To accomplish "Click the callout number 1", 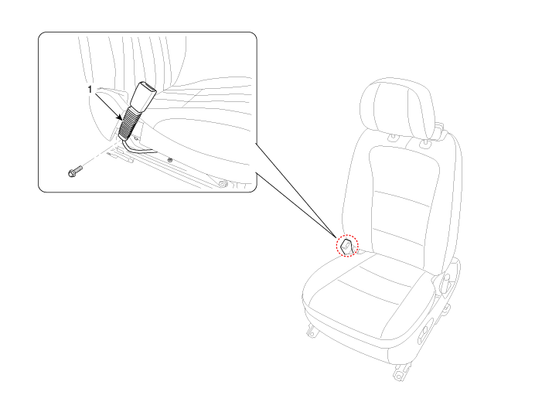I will pyautogui.click(x=90, y=90).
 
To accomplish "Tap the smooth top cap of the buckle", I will pyautogui.click(x=145, y=95).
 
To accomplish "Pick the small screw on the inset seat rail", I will pyautogui.click(x=169, y=160).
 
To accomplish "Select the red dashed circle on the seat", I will pyautogui.click(x=348, y=246).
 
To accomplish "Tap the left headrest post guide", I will pyautogui.click(x=394, y=138).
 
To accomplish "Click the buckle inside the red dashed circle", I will pyautogui.click(x=348, y=246).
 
